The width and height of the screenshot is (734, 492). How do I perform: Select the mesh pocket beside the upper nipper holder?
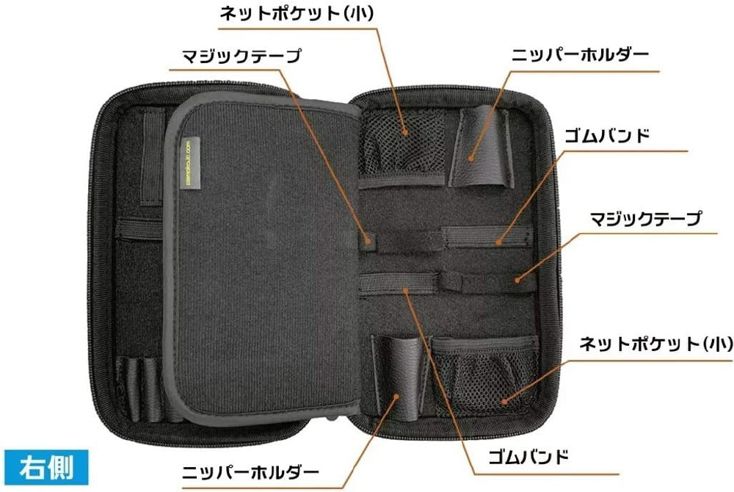[x=404, y=142]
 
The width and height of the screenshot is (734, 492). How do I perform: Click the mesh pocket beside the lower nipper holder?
[x=486, y=375]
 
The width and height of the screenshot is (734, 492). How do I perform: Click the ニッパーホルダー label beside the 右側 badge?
[x=250, y=472]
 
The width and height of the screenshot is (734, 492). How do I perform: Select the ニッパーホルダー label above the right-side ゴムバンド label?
[x=580, y=55]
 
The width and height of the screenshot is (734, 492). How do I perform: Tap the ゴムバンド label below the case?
[x=528, y=456]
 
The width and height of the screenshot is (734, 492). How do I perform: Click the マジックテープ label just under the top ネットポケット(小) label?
[x=241, y=56]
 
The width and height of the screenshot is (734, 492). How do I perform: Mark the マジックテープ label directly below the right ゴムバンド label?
[x=646, y=219]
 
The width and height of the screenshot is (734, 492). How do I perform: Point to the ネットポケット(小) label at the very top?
[x=297, y=13]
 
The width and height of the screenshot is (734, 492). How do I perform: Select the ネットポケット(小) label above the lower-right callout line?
[x=655, y=344]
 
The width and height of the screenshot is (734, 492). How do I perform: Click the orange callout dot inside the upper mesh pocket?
[x=406, y=132]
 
